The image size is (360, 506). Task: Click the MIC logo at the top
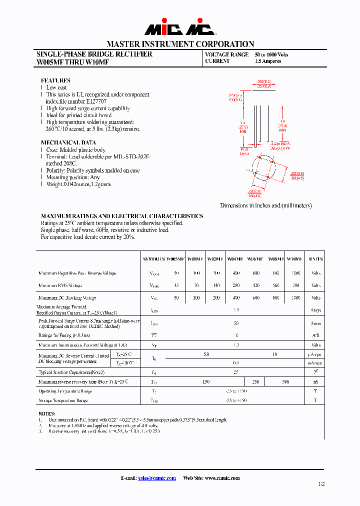pyautogui.click(x=180, y=29)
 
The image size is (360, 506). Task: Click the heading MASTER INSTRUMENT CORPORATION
pyautogui.click(x=180, y=44)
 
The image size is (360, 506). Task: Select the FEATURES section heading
pyautogui.click(x=55, y=80)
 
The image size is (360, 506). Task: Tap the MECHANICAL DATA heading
pyautogui.click(x=68, y=143)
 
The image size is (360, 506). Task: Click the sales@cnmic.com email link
pyautogui.click(x=156, y=478)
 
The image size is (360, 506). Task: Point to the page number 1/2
pyautogui.click(x=321, y=484)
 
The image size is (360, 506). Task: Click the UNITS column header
pyautogui.click(x=315, y=259)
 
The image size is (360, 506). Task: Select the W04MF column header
pyautogui.click(x=235, y=259)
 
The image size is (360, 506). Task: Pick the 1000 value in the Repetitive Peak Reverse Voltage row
pyautogui.click(x=295, y=273)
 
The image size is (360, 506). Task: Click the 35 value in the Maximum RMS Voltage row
pyautogui.click(x=176, y=285)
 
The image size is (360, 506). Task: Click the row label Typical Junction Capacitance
pyautogui.click(x=71, y=372)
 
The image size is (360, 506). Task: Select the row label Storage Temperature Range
pyautogui.click(x=63, y=400)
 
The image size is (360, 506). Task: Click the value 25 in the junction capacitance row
pyautogui.click(x=236, y=372)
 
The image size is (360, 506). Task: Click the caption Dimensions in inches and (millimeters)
pyautogui.click(x=265, y=205)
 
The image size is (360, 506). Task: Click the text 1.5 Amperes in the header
pyautogui.click(x=268, y=61)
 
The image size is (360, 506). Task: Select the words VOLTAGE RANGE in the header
pyautogui.click(x=226, y=54)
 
